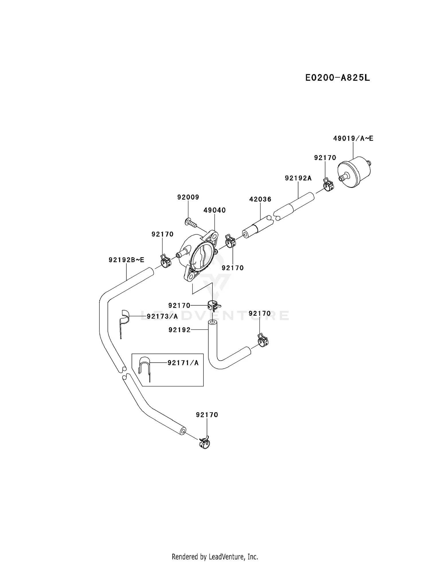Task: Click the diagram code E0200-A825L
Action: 337,78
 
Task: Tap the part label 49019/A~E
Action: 353,139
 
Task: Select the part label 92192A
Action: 298,178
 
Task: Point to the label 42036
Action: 260,199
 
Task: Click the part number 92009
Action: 188,197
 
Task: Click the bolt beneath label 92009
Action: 191,223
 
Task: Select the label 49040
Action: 214,210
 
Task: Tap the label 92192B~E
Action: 126,260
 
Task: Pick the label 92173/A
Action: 162,316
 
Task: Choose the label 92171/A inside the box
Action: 183,363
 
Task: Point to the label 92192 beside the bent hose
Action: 179,330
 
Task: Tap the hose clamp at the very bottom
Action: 204,443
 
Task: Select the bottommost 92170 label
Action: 207,415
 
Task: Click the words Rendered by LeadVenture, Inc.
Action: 215,557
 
